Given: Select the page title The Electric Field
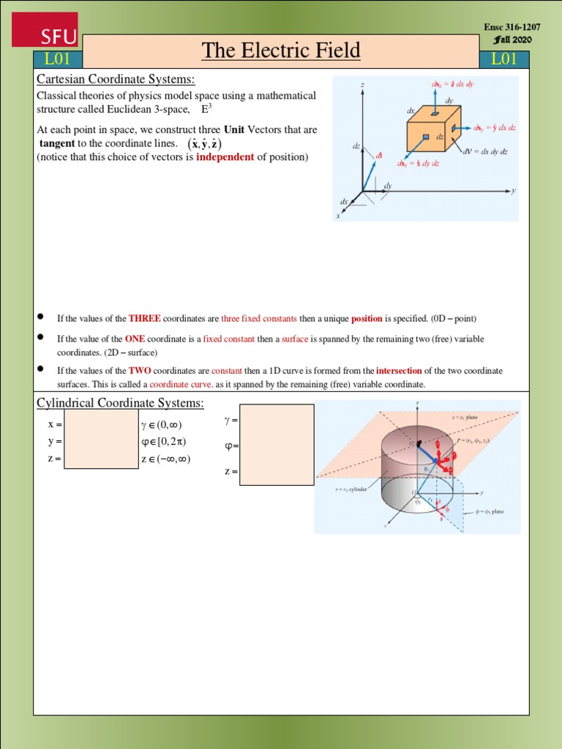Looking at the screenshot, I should tap(281, 50).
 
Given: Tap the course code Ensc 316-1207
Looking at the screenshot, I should tap(512, 27).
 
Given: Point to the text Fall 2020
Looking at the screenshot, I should tap(516, 39).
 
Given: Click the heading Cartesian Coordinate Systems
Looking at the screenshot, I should tap(116, 79).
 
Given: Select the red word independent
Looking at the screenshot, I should tap(225, 157).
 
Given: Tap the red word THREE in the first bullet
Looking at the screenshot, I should tap(144, 318).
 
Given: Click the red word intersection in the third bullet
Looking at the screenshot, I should tap(399, 371).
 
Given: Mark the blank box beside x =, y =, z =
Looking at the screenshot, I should tap(101, 437).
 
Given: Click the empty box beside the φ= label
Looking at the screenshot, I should tap(277, 444).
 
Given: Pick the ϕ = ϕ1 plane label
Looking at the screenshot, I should tap(490, 511).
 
